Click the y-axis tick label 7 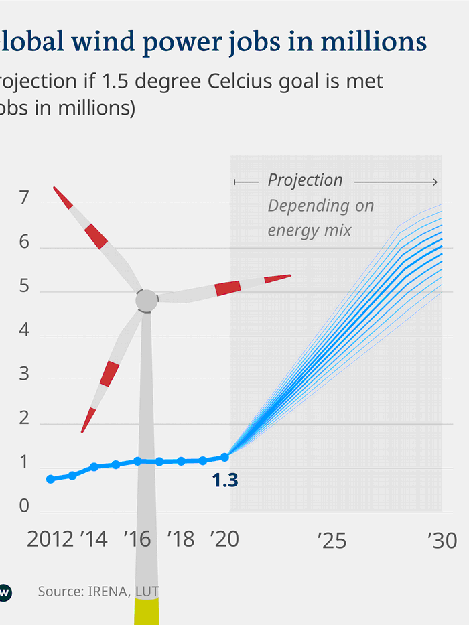click(x=25, y=199)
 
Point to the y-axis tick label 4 click(x=25, y=331)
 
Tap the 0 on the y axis click(x=25, y=506)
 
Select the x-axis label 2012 click(x=50, y=539)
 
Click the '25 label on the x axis click(x=332, y=540)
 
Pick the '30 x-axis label click(x=442, y=540)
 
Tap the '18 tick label click(x=181, y=539)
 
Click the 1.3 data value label click(x=225, y=480)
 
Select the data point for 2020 click(x=224, y=457)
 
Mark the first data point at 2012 click(x=51, y=479)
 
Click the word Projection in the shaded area click(x=305, y=180)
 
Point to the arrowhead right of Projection click(x=435, y=182)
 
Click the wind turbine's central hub click(x=147, y=301)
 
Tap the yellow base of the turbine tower click(x=147, y=611)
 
